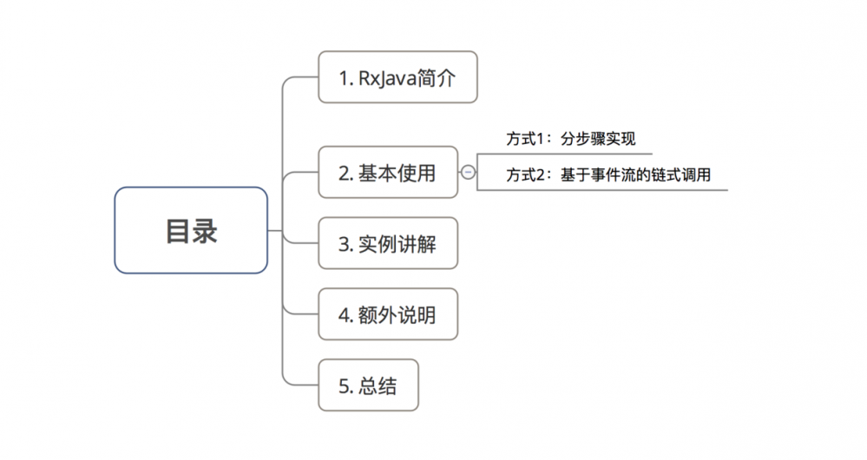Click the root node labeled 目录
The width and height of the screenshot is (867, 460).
[x=191, y=231]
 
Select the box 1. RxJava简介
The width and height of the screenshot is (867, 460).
[x=397, y=78]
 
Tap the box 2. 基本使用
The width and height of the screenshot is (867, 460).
[x=387, y=173]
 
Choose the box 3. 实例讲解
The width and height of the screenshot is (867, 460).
[x=387, y=244]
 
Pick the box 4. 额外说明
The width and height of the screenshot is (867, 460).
[x=387, y=315]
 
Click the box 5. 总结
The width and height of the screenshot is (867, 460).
[x=368, y=385]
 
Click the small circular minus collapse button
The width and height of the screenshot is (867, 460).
[x=468, y=173]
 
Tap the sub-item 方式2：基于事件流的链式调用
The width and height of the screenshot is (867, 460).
[x=608, y=174]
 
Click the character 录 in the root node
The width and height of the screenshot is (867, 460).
[x=206, y=231]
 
